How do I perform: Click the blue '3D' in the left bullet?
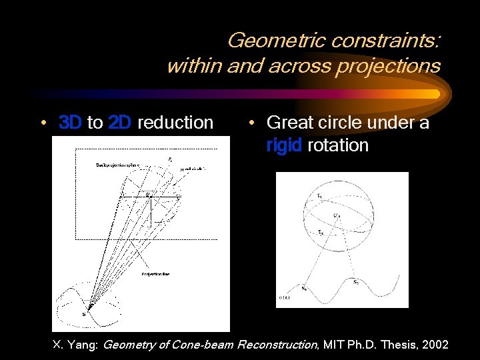click(70, 123)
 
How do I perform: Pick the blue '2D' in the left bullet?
click(119, 123)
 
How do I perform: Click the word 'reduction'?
click(175, 123)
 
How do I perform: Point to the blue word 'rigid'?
click(285, 145)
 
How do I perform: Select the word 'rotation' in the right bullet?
click(339, 145)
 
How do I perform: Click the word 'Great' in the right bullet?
click(289, 123)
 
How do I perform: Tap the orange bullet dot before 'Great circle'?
click(250, 123)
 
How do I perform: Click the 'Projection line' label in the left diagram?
click(155, 273)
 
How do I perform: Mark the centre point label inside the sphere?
click(337, 215)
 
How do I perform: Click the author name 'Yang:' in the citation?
click(86, 345)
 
